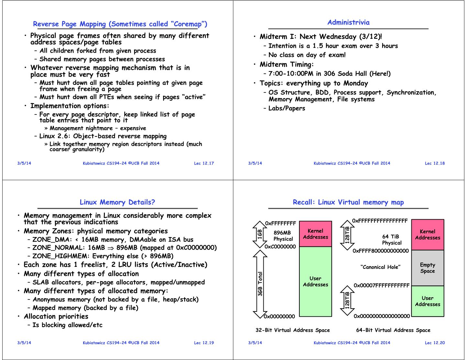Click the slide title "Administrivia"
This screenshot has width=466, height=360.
[x=348, y=22]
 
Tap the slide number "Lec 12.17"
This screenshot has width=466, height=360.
[x=204, y=163]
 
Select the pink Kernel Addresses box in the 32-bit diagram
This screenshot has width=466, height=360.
[x=315, y=234]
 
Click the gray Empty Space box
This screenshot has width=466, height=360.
[x=427, y=268]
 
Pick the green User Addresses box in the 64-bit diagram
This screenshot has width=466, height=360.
[x=427, y=301]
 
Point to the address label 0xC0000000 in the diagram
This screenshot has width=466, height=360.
[x=280, y=247]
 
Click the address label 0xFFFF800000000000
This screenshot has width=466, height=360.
[x=381, y=251]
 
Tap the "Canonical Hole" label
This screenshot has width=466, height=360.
[x=380, y=267]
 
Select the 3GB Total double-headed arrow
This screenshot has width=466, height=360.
[x=260, y=283]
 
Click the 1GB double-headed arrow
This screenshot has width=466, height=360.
[x=260, y=234]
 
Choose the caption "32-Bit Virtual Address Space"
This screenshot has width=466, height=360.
[x=293, y=330]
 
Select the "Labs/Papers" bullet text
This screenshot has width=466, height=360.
[x=287, y=108]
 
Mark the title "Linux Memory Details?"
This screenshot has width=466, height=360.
[x=117, y=202]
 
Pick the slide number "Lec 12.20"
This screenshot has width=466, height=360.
[x=435, y=343]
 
